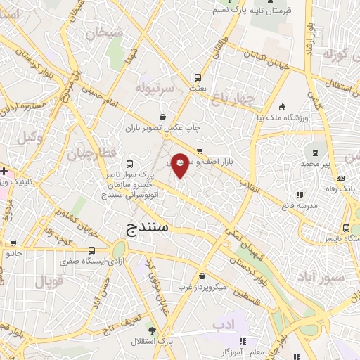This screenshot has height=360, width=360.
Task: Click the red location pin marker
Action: tap(180, 166)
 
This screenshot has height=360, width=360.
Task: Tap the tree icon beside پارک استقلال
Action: tap(152, 330)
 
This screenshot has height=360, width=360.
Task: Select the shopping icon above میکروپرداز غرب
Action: tap(202, 276)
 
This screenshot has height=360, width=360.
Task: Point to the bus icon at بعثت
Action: tap(198, 77)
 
